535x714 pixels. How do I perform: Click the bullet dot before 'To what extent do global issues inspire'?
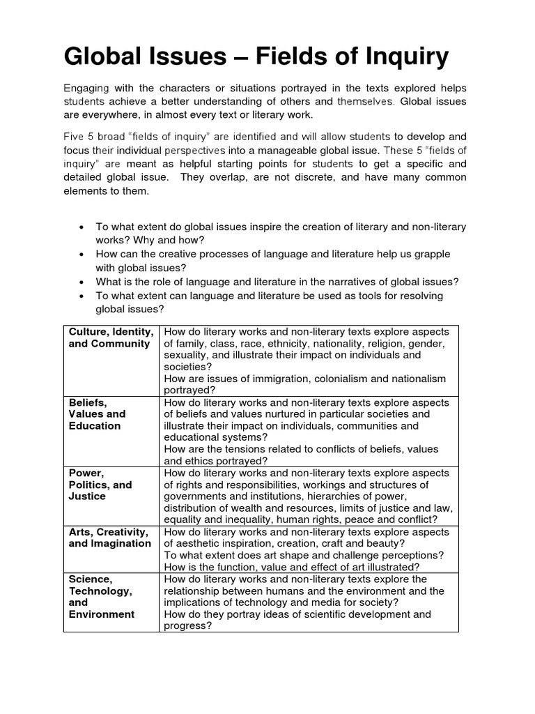(82, 228)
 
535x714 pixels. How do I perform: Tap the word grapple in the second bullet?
(431, 254)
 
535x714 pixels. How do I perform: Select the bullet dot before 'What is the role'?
(82, 282)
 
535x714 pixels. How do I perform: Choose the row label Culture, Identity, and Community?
(111, 337)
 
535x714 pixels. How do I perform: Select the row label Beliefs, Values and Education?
(97, 414)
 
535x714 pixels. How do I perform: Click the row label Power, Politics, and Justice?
(100, 485)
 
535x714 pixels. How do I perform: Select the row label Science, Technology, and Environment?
(101, 597)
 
